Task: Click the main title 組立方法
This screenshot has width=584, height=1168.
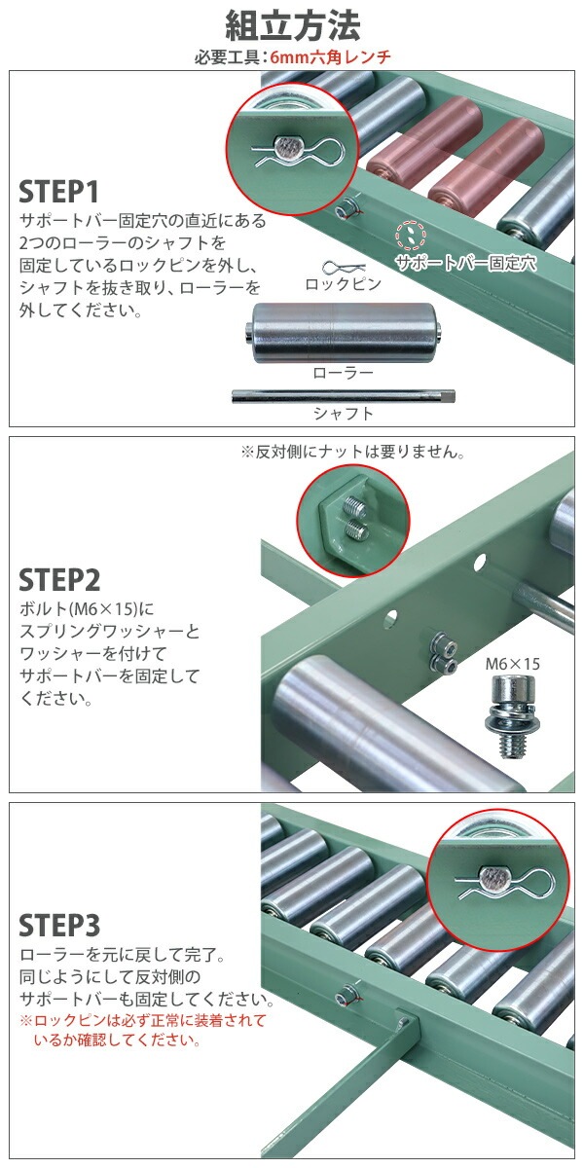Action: tap(292, 26)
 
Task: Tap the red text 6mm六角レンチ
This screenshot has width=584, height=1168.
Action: tap(330, 56)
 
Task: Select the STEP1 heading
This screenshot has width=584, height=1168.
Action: tap(58, 192)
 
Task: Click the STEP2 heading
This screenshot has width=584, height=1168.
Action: tap(59, 580)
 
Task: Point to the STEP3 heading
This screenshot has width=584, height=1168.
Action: tap(59, 926)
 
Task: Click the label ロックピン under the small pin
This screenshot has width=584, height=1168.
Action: tap(343, 284)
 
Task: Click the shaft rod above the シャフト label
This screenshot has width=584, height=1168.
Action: tap(343, 396)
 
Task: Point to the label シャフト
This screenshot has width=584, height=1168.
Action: tap(343, 414)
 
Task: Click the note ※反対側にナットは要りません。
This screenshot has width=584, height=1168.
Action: tap(352, 452)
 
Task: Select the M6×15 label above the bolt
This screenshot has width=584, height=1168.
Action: tap(513, 664)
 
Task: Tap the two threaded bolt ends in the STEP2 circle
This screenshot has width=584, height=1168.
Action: tap(355, 519)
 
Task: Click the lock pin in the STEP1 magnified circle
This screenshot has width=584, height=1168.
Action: tap(298, 150)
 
